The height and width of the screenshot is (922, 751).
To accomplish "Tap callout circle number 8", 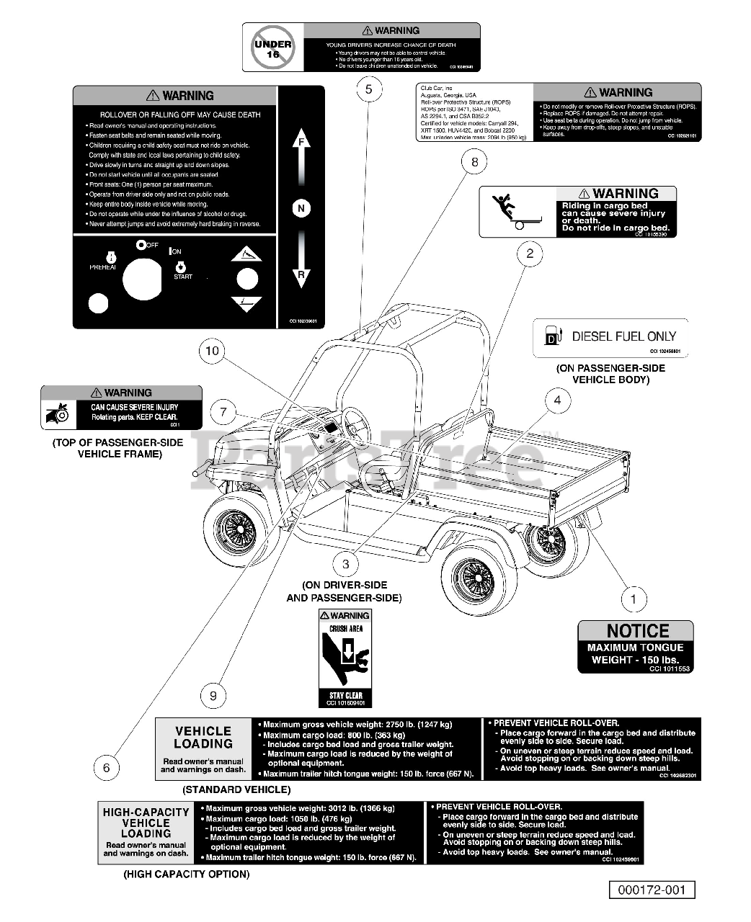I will tap(474, 162).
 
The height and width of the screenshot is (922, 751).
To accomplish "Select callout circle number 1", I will tap(634, 599).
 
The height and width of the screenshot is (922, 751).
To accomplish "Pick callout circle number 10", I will tap(212, 351).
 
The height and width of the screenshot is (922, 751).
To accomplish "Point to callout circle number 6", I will tap(107, 767).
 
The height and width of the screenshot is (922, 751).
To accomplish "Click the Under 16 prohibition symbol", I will tap(273, 48).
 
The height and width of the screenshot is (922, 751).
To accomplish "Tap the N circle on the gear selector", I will tap(301, 209).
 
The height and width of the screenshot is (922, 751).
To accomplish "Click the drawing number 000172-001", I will tap(652, 890).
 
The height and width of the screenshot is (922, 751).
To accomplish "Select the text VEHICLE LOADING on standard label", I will tap(203, 737).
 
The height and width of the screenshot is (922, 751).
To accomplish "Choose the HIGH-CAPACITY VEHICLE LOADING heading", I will tap(146, 823).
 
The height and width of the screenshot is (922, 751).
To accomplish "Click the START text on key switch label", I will tap(183, 277).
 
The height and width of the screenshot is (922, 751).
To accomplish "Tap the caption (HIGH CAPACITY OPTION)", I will tap(186, 874).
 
